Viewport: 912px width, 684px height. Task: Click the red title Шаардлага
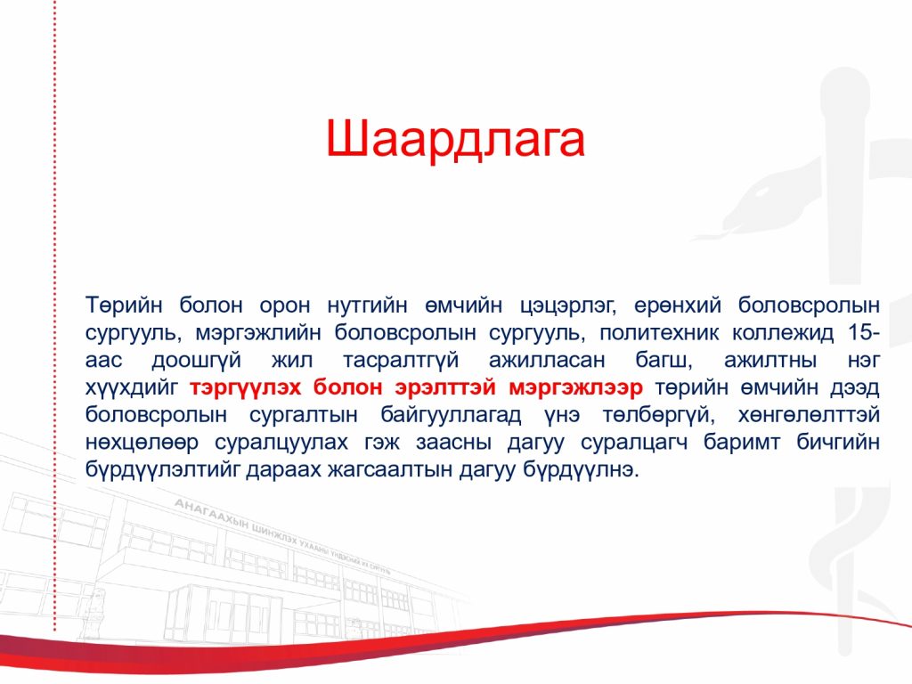(455, 139)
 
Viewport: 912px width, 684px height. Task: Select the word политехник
(658, 333)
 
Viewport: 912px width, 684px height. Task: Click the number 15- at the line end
(864, 333)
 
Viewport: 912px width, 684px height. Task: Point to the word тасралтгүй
(401, 361)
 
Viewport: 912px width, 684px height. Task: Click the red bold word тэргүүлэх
(246, 388)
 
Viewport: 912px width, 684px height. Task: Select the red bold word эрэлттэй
(445, 387)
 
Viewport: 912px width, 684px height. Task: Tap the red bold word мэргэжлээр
(576, 388)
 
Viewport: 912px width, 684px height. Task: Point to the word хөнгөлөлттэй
(809, 415)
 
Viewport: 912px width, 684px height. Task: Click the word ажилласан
(547, 361)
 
